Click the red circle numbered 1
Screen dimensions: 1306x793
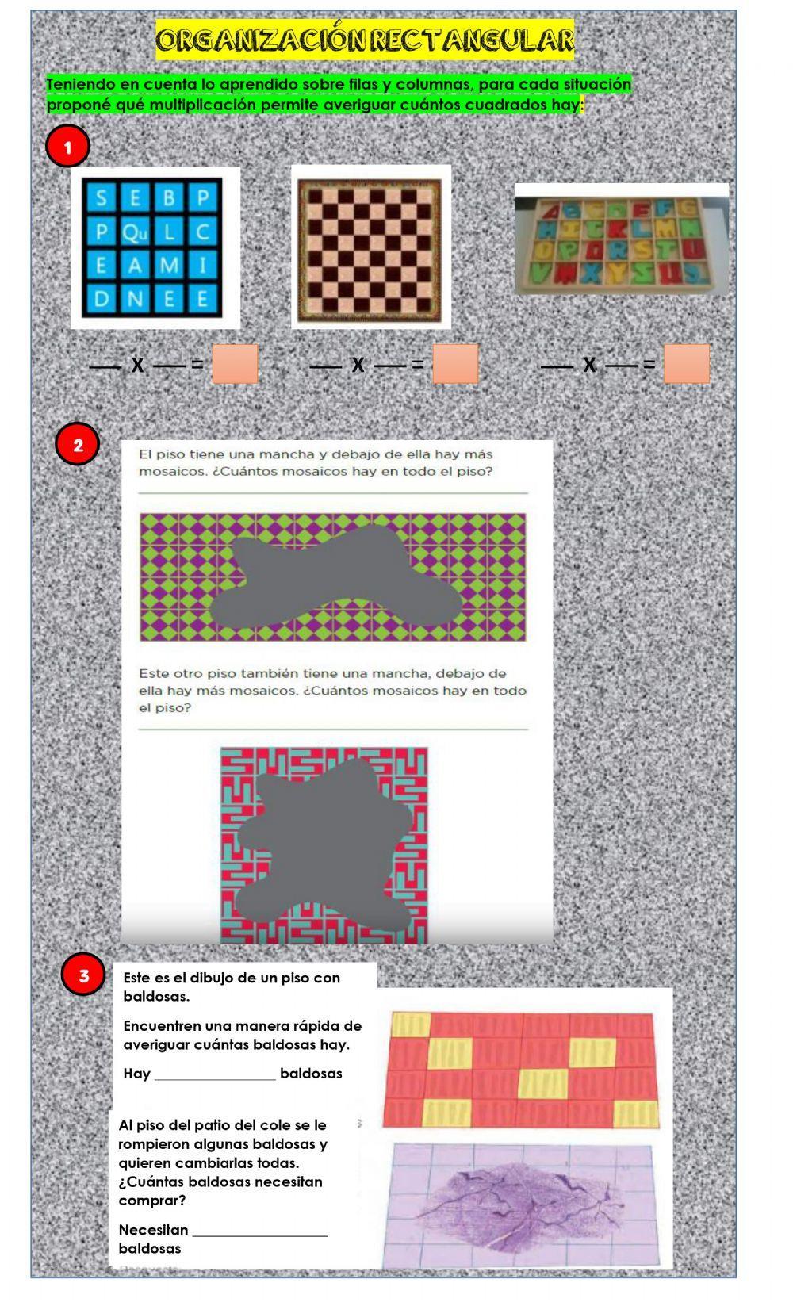[x=67, y=147]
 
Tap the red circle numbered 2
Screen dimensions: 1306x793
[x=78, y=445]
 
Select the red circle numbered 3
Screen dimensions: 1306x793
[x=84, y=975]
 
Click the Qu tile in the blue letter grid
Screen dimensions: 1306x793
[x=134, y=232]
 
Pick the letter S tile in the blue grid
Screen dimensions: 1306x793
[x=101, y=197]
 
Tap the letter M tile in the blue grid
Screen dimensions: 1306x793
[x=169, y=266]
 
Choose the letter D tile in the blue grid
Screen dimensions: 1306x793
[x=101, y=299]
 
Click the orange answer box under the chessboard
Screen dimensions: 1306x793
[x=455, y=364]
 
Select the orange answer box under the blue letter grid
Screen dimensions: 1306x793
[x=235, y=364]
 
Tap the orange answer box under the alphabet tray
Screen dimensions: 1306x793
[x=687, y=364]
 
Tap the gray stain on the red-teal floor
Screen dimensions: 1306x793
[x=325, y=841]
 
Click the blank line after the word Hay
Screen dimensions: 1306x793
[x=215, y=1074]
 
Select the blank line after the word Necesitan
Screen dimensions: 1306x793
[x=259, y=1231]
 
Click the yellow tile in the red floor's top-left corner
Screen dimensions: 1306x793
[x=411, y=1025]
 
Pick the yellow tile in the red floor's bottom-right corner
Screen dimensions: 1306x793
[x=635, y=1113]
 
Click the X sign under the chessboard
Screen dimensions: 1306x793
[x=358, y=365]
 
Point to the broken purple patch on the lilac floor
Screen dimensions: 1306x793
[x=515, y=1201]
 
